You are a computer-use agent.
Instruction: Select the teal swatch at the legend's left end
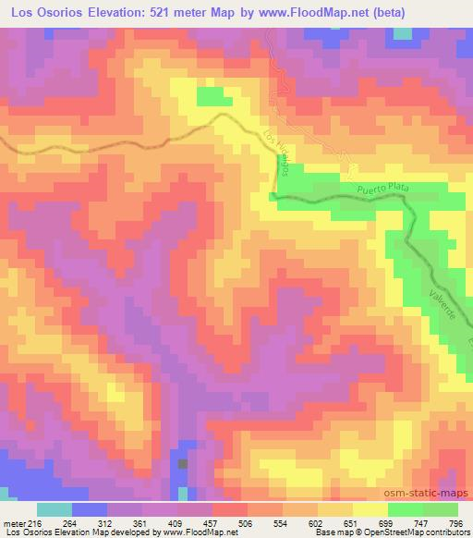click(55, 509)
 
